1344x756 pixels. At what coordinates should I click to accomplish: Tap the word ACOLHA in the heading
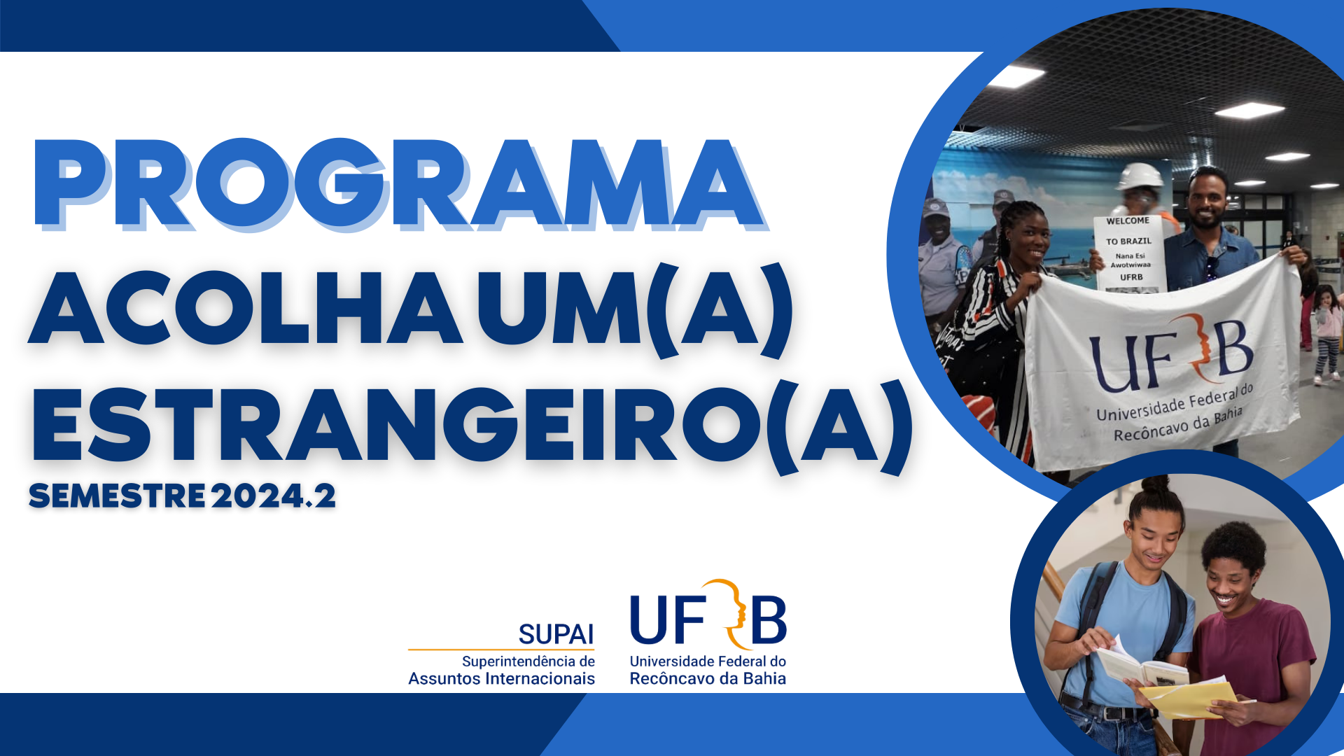click(245, 307)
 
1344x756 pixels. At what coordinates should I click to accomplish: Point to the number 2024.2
click(274, 496)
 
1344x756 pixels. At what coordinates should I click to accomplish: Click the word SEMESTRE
click(117, 496)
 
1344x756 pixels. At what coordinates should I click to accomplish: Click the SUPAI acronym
click(556, 634)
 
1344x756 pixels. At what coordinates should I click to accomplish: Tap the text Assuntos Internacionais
click(501, 678)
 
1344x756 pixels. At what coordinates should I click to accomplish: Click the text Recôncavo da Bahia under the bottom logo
click(708, 678)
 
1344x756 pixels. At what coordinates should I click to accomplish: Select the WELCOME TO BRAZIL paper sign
click(1129, 252)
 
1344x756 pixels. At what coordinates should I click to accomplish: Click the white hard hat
click(1140, 176)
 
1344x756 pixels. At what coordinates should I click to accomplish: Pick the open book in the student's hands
click(1141, 665)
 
